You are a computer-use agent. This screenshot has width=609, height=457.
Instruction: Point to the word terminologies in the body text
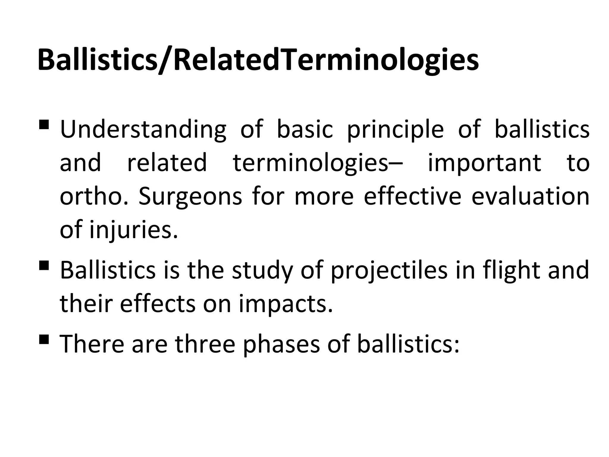[311, 163]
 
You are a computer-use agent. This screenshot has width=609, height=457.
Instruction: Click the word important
[484, 163]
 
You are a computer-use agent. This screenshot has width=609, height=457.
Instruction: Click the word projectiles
[389, 270]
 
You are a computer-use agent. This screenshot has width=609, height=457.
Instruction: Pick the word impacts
[285, 303]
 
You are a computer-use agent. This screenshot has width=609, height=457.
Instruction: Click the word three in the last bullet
[205, 344]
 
